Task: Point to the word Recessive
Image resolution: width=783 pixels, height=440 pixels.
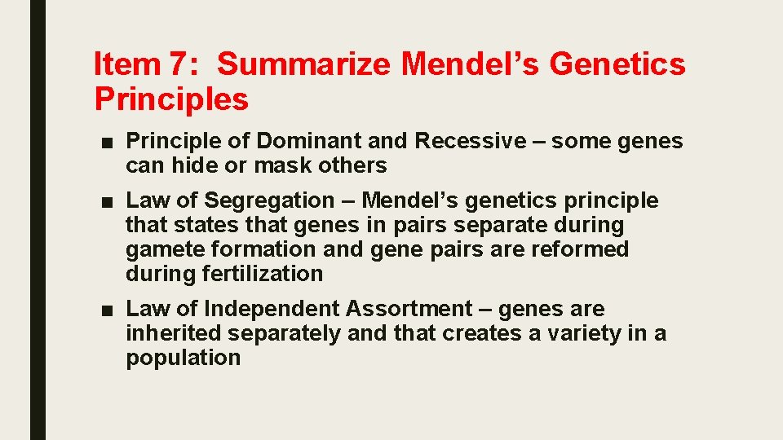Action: pyautogui.click(x=471, y=141)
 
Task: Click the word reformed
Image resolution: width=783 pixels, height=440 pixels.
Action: pyautogui.click(x=580, y=249)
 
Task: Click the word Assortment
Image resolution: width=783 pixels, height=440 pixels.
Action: pyautogui.click(x=409, y=309)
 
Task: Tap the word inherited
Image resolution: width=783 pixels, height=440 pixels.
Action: pyautogui.click(x=173, y=333)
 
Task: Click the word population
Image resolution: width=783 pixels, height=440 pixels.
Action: pyautogui.click(x=183, y=358)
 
